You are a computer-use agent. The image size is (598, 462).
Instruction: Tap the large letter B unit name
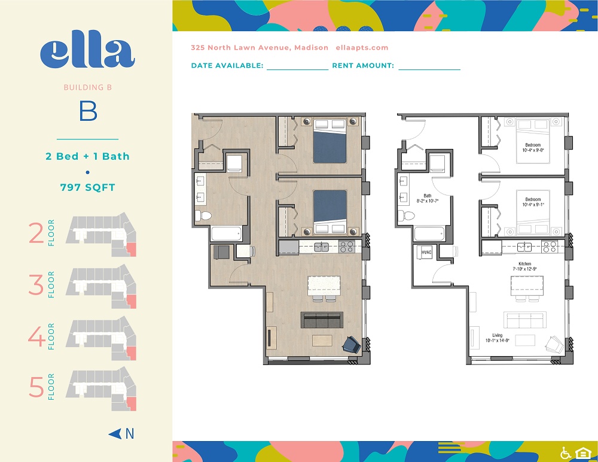88,112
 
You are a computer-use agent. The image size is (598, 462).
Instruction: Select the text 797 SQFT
87,187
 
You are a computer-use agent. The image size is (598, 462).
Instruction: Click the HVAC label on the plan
426,253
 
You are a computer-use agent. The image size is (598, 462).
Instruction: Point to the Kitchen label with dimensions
524,266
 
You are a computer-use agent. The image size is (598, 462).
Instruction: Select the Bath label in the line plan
428,198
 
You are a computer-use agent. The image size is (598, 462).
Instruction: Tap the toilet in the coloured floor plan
205,215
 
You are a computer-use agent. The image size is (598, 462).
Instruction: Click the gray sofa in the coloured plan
321,320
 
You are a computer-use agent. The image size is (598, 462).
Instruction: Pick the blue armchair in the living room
350,344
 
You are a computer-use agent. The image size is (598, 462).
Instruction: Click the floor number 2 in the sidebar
36,233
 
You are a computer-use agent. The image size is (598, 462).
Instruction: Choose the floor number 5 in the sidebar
36,387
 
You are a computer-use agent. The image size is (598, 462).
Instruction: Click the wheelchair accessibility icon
565,453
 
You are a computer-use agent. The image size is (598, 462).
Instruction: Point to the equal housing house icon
581,453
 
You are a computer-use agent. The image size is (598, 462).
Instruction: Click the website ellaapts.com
362,48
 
